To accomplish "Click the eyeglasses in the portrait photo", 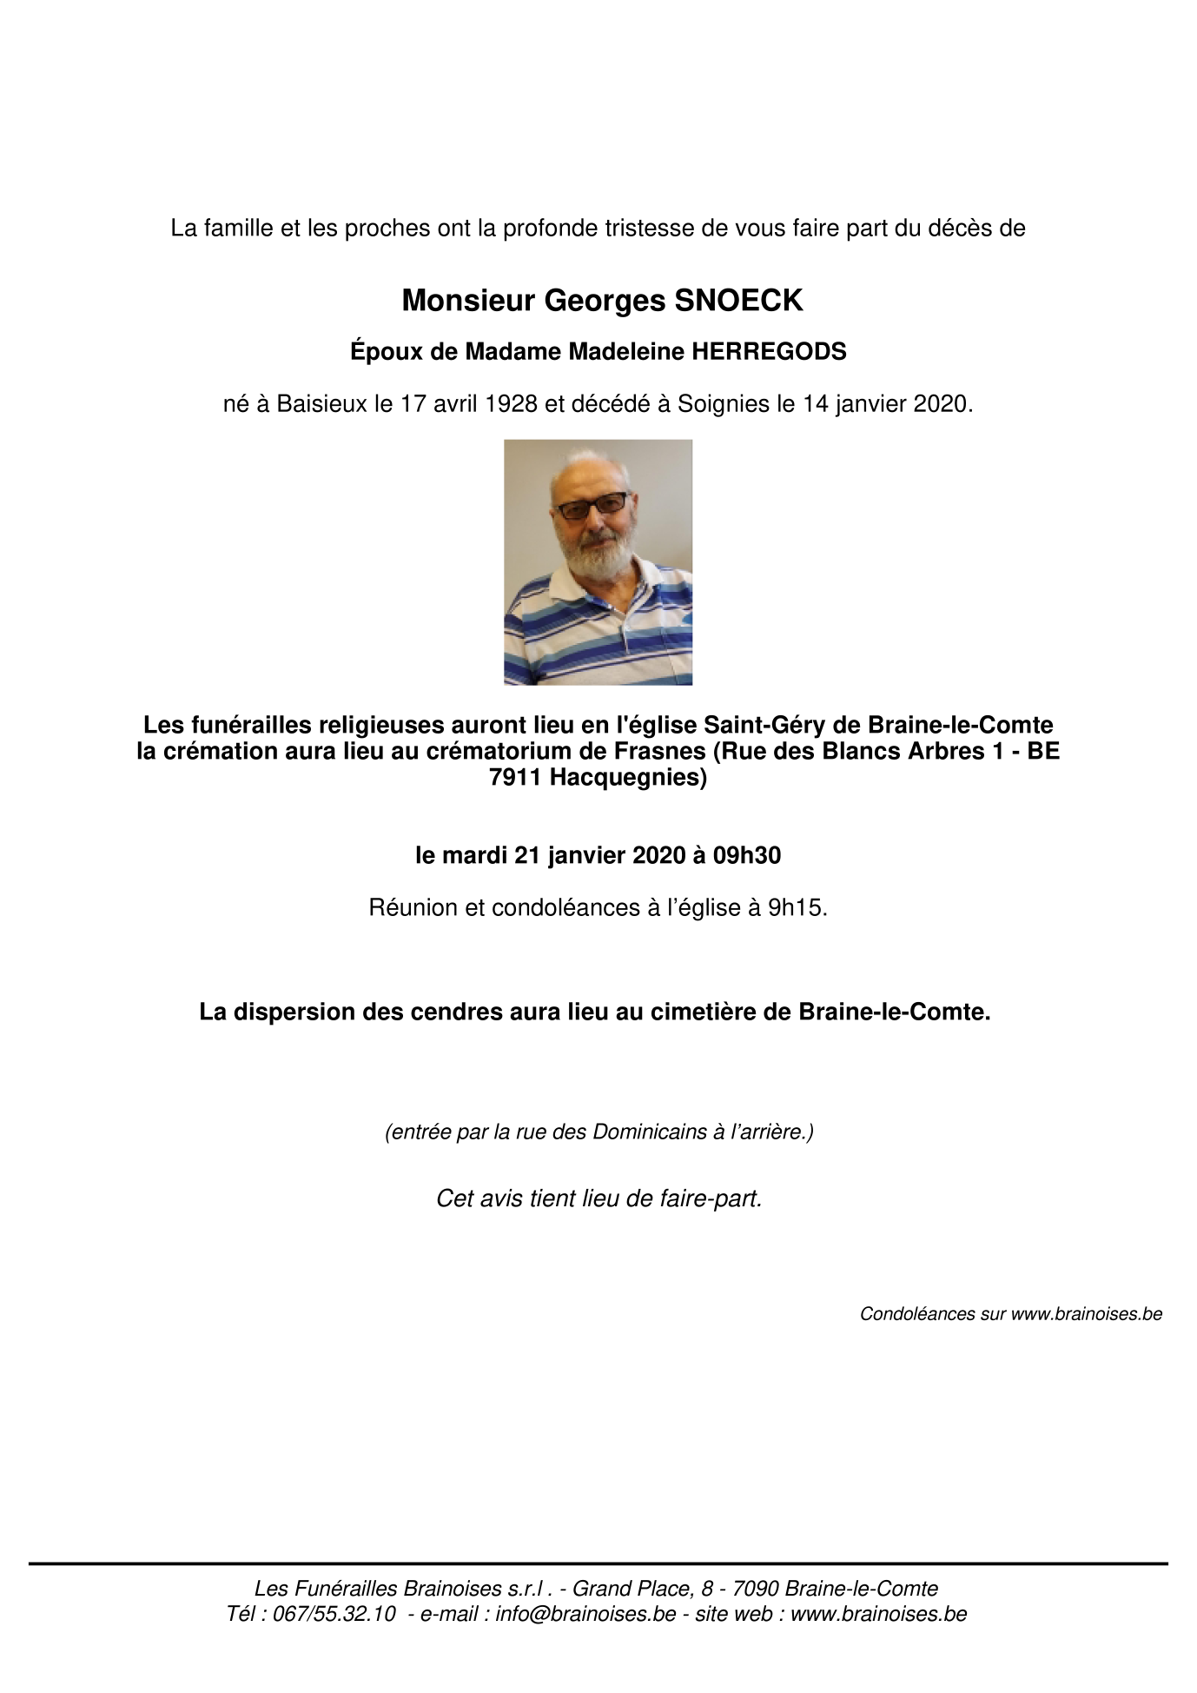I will (593, 505).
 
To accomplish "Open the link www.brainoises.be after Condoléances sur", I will (1086, 1314).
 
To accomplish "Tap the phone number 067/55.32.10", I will (334, 1614).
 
